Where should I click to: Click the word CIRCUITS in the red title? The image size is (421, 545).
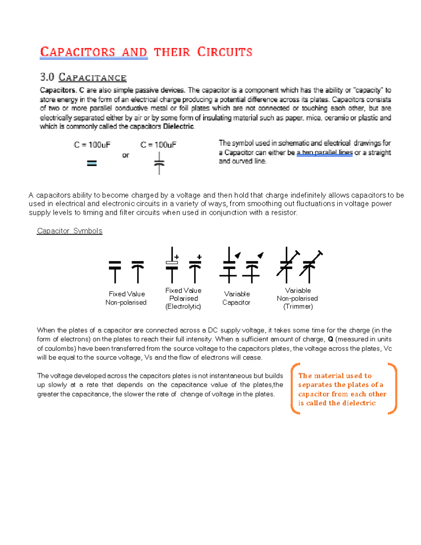225,52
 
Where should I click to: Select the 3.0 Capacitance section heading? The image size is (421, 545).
83,77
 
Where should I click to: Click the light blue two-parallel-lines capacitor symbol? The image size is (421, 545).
92,163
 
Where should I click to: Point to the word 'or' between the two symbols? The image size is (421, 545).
126,155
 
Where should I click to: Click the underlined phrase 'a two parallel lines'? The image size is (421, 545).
324,153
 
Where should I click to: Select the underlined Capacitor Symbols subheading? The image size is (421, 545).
69,231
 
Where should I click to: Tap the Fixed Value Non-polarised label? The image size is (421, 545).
126,298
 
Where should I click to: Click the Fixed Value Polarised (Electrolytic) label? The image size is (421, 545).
183,299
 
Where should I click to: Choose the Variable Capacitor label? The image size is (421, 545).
236,298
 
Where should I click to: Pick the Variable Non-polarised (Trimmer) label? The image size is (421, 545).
298,299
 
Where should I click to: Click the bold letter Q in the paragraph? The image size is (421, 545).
330,339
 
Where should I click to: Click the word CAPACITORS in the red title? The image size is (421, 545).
78,52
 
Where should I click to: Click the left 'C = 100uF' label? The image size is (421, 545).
92,145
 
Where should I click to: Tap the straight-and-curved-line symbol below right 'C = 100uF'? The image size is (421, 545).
159,163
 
